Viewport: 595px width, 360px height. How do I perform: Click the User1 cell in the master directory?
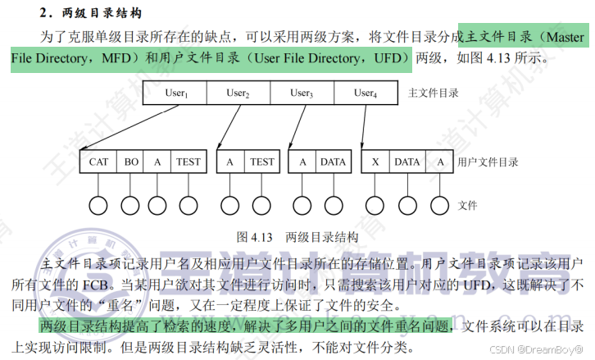coord(175,93)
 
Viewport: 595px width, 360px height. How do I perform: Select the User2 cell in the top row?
coord(238,93)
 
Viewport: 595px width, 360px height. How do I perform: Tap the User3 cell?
coord(301,93)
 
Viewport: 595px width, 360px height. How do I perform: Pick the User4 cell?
coord(365,93)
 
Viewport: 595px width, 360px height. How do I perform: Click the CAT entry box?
coord(99,162)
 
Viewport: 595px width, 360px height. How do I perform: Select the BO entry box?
coord(131,162)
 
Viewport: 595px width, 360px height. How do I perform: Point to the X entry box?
coord(375,162)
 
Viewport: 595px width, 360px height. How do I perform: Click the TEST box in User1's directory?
coord(188,162)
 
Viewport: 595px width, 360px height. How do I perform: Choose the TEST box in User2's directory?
coord(262,162)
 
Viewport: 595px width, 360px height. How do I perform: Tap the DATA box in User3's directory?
coord(333,162)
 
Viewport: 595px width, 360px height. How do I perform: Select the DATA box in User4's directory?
coord(407,162)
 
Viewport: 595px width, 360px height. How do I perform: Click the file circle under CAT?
coord(99,205)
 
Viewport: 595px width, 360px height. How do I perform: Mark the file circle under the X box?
coord(375,205)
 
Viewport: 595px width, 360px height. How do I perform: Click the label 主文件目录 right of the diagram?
coord(433,93)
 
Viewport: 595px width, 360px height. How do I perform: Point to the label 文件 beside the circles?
coord(468,205)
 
